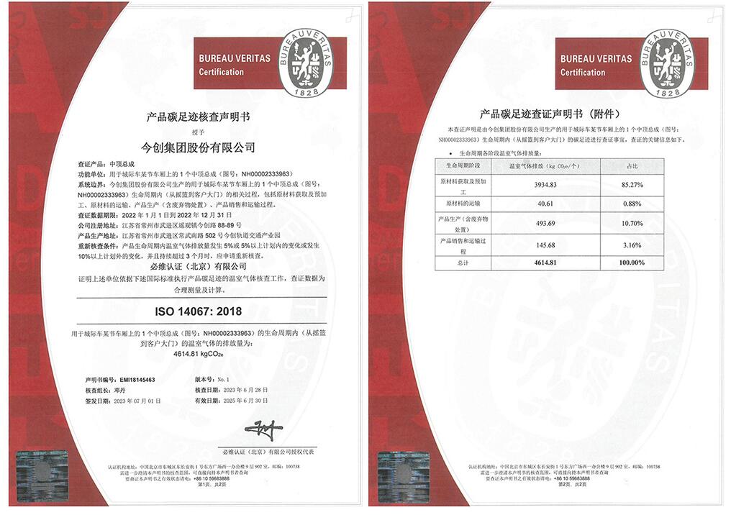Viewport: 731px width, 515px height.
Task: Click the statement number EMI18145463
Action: point(137,379)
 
